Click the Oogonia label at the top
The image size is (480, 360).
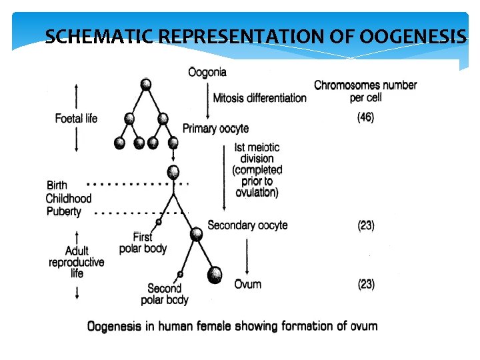coord(207,72)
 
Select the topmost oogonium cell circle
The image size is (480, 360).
coord(146,84)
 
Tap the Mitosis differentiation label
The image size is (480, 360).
coord(259,98)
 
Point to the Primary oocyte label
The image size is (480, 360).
coord(215,128)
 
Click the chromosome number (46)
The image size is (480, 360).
coord(365,117)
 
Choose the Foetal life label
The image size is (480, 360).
coord(76,119)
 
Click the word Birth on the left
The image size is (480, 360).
coord(57,185)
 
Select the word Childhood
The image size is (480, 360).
coord(69,198)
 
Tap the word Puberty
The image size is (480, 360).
coord(64,211)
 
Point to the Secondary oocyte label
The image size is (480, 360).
coord(247,225)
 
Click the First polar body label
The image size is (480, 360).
coord(143,243)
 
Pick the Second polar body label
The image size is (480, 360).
coord(164,294)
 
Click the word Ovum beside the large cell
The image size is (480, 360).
coord(247,284)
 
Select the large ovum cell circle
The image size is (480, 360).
coord(214,275)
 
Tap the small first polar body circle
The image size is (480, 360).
coord(159,221)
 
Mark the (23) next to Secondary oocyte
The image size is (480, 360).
coord(366,225)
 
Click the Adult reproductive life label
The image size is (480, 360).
coord(77,262)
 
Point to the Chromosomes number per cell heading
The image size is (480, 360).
coord(365,91)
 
